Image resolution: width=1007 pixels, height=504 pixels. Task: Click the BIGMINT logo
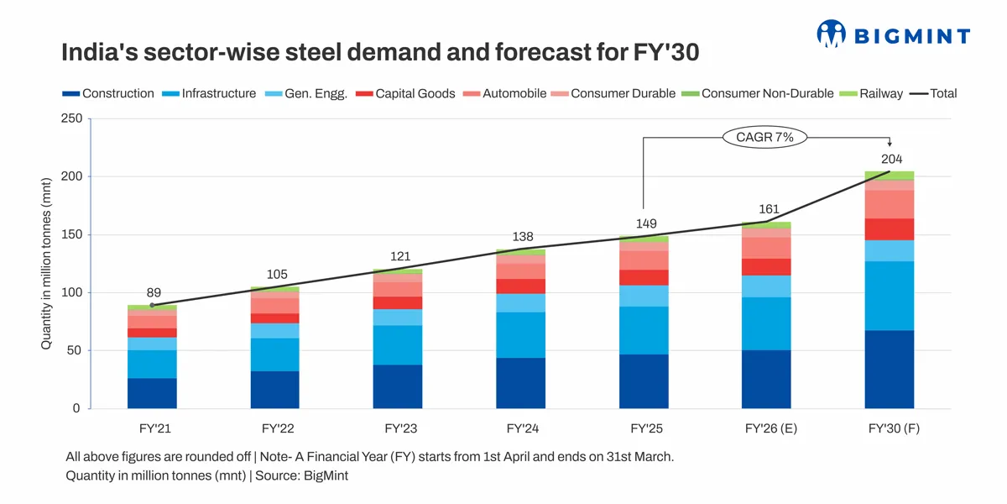[x=893, y=34]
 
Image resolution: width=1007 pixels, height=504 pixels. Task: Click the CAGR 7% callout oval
[x=764, y=137]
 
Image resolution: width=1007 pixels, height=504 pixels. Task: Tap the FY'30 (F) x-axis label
[x=890, y=428]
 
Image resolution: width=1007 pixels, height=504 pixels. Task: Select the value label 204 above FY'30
[x=891, y=159]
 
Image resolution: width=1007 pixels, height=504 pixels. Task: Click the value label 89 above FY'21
[x=154, y=293]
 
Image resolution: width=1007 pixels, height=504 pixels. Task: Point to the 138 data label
[x=523, y=237]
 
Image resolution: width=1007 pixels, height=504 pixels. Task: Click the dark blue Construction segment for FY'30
[x=890, y=370]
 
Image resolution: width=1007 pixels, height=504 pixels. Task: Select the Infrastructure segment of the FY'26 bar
[x=766, y=323]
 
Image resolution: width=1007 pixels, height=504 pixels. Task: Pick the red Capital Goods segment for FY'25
[x=644, y=277]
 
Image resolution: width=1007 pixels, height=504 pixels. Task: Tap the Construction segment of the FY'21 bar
[x=152, y=393]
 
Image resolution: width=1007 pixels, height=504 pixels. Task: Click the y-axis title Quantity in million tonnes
[x=48, y=263]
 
